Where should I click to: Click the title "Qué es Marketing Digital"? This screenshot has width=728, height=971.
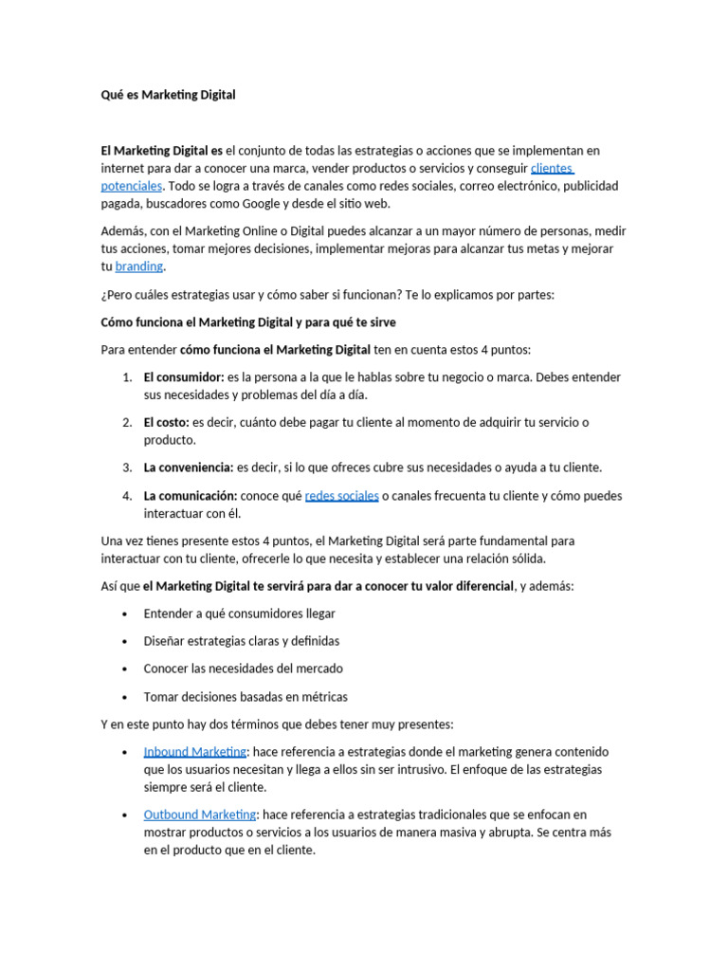(x=168, y=95)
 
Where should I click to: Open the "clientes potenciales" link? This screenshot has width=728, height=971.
(x=552, y=169)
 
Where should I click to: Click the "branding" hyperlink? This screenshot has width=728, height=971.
(x=138, y=266)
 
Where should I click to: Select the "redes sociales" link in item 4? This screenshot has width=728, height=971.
(x=341, y=496)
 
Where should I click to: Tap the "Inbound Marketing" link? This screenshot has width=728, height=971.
(x=194, y=752)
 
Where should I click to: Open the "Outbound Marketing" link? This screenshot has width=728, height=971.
(x=199, y=815)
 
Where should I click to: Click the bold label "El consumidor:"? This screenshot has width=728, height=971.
(x=184, y=377)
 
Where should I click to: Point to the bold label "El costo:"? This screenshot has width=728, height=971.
(x=167, y=422)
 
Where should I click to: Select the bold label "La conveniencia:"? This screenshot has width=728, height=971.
(x=189, y=467)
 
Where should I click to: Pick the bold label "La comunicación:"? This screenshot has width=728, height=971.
(x=191, y=496)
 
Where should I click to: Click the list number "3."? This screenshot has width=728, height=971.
(x=127, y=467)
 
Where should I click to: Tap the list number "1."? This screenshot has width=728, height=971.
(x=127, y=377)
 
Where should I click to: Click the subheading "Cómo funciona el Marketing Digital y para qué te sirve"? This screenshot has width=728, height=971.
(x=248, y=322)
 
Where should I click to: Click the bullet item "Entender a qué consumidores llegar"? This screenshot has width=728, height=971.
(x=239, y=614)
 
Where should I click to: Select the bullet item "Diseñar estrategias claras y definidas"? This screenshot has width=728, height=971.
(x=241, y=641)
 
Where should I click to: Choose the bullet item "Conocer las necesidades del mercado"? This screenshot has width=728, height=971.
(x=243, y=669)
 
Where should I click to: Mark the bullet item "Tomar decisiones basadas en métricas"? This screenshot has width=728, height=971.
(x=246, y=697)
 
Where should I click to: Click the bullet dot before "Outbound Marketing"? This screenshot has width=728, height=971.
(x=126, y=815)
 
